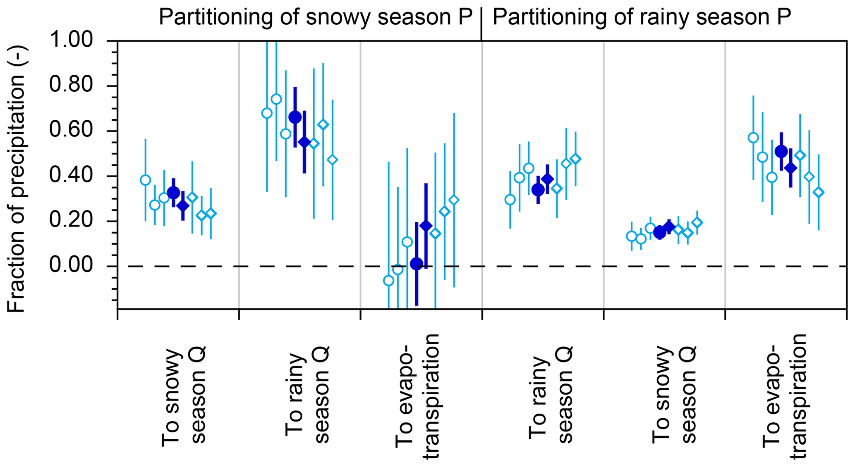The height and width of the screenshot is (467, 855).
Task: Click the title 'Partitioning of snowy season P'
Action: point(315,17)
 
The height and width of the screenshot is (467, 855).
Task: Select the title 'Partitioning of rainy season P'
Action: point(642,17)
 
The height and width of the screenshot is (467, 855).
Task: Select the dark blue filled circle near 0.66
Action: point(295,117)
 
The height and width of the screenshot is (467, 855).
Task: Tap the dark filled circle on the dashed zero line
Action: point(417,263)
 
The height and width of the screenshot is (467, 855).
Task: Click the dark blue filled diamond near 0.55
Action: point(304,142)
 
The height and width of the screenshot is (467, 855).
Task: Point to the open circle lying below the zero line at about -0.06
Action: point(388,281)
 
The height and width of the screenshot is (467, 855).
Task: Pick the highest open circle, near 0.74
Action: point(276,99)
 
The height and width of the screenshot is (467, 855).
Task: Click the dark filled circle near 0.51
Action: point(781,152)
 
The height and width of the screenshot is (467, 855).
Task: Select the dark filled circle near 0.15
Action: point(660,233)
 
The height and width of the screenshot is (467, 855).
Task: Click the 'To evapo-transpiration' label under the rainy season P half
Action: point(785,397)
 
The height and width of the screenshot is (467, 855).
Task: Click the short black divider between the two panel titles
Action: point(481,25)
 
